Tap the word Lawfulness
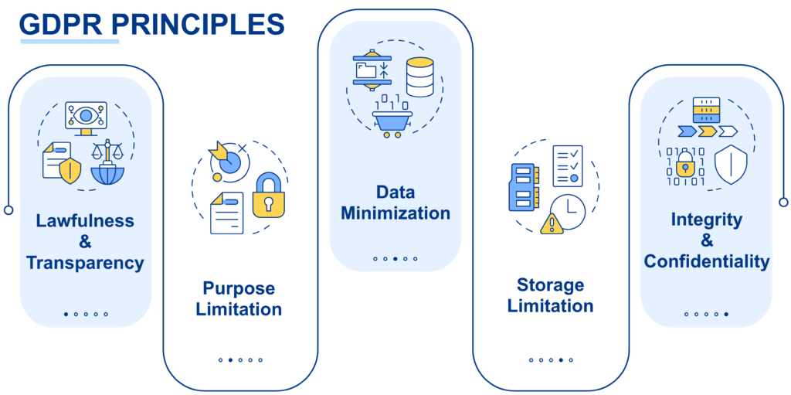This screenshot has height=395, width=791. click(85, 220)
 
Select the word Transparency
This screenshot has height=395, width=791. click(85, 263)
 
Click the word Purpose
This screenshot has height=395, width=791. click(239, 289)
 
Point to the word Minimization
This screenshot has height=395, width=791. click(395, 213)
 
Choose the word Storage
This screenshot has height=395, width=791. click(550, 286)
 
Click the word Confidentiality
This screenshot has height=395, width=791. click(707, 261)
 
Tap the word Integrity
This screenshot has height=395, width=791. click(707, 220)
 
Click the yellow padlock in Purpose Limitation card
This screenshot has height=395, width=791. click(268, 196)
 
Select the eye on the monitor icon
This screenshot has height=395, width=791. click(87, 116)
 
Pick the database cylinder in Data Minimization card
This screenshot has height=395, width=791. click(419, 77)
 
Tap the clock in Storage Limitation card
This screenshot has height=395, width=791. click(568, 211)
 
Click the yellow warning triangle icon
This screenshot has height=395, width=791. click(552, 223)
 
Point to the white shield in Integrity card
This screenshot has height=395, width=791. click(731, 165)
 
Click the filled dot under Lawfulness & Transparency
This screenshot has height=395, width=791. click(66, 314)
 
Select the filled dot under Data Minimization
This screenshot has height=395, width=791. click(395, 259)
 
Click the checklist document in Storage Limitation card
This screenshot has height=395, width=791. click(568, 166)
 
